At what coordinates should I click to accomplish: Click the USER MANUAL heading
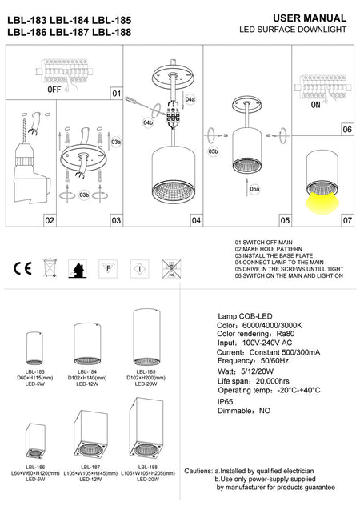[x=310, y=18]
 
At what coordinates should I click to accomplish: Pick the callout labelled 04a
[x=190, y=100]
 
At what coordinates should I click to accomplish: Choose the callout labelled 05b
[x=213, y=151]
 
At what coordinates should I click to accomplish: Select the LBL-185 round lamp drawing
[x=142, y=337]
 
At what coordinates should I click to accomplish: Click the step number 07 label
[x=346, y=219]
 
